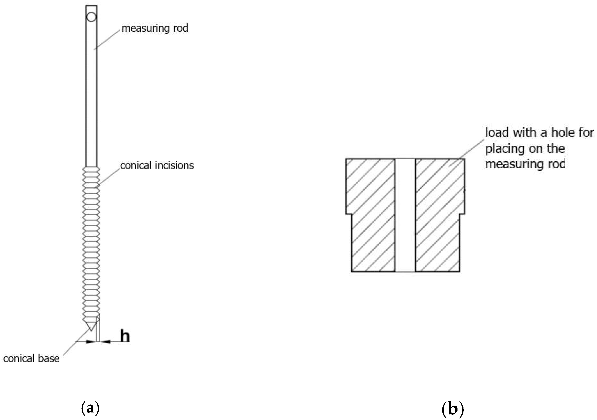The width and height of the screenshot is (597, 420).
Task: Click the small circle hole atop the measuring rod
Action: click(91, 17)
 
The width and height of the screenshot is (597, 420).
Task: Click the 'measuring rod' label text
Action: click(155, 28)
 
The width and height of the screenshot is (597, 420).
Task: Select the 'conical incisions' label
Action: click(157, 165)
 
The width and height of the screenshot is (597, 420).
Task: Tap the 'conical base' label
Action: click(31, 358)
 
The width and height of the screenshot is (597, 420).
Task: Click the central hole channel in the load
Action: click(405, 215)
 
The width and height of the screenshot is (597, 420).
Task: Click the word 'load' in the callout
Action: click(497, 133)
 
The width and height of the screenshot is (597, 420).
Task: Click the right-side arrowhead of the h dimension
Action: click(105, 341)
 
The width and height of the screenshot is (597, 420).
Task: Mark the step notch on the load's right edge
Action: click(462, 214)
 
